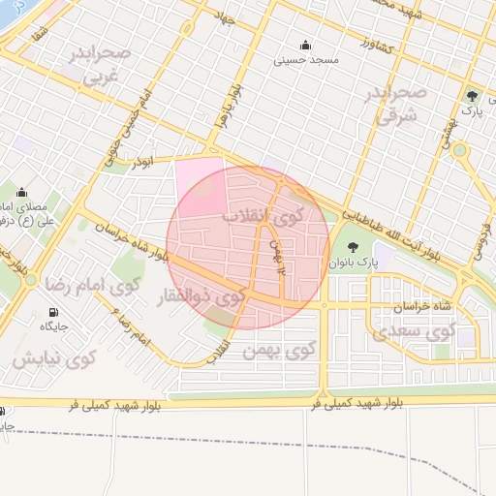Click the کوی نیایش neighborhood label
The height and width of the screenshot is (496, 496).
pos(54,359)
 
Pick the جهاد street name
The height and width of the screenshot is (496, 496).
pos(229,17)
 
